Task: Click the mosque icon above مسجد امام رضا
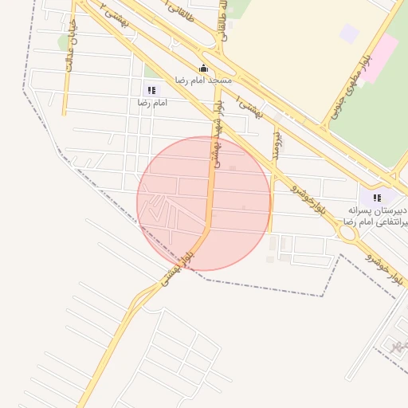coord(205,69)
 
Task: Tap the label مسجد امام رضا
coord(205,81)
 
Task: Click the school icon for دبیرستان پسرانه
coord(377,197)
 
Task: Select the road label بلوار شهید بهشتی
coord(216,132)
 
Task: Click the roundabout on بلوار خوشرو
coord(347,233)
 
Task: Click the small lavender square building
coord(349,33)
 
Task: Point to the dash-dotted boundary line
coord(263,288)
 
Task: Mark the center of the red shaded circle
coord(204,203)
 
